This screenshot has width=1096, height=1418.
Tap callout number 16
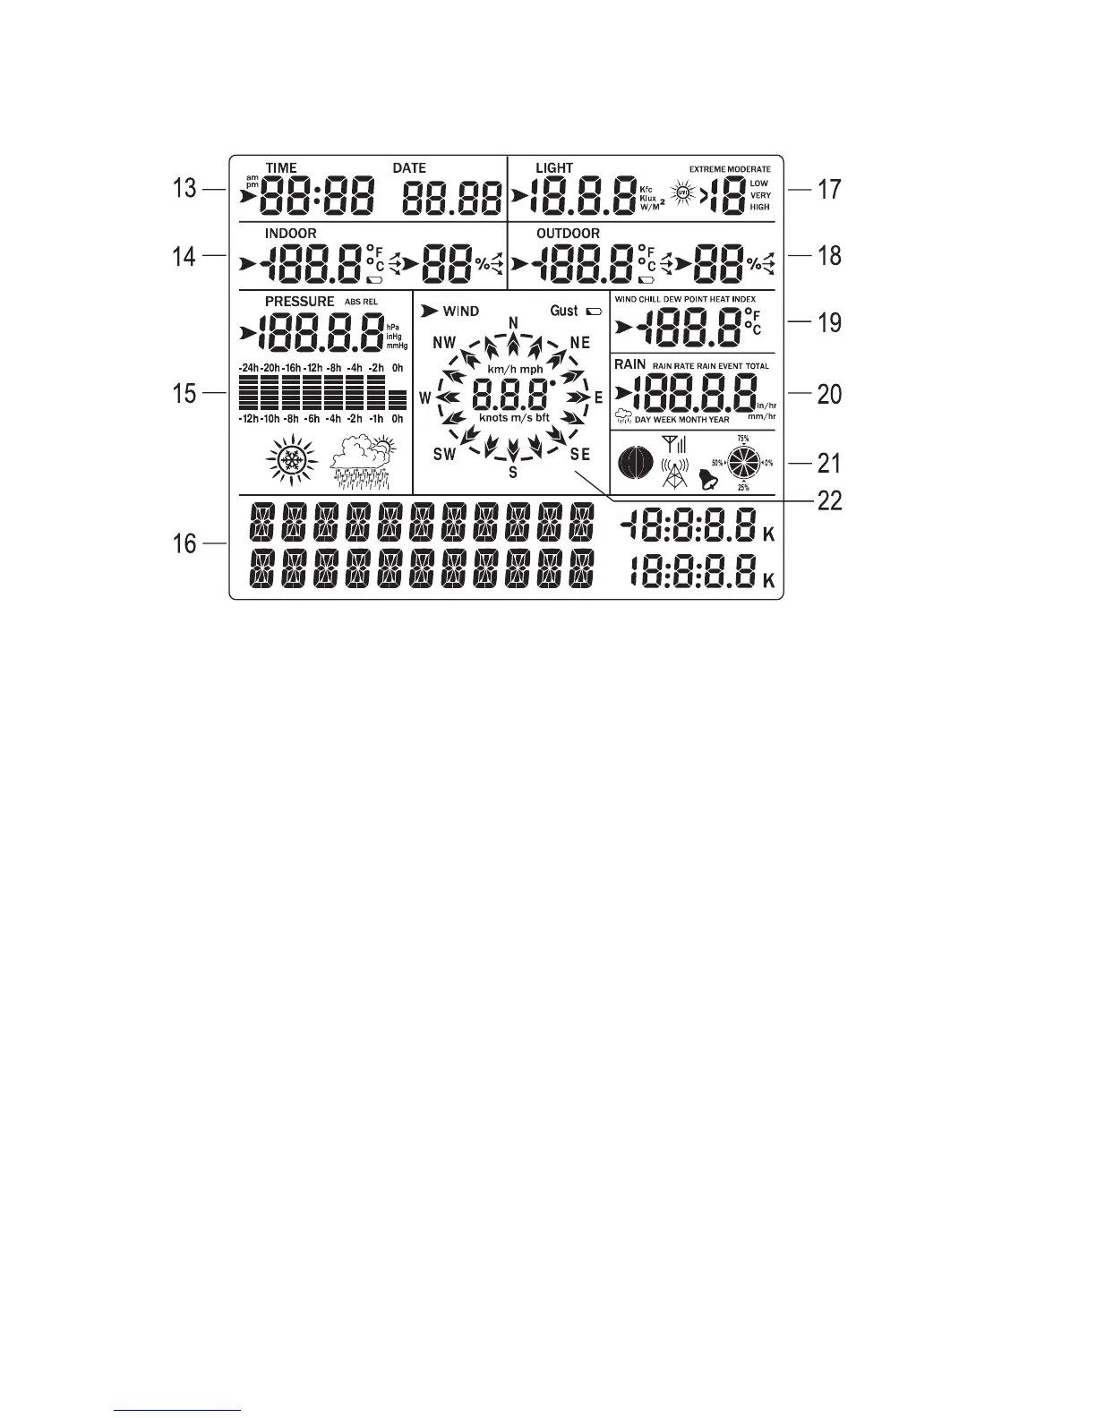(184, 542)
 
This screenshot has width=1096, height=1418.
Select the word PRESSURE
(299, 302)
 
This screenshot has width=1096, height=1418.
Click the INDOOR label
(290, 234)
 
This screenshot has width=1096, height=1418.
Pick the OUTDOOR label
(568, 234)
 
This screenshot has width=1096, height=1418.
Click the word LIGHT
(553, 168)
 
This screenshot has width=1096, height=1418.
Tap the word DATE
(409, 168)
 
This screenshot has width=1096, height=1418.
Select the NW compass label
(444, 343)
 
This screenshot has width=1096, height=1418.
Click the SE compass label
(580, 455)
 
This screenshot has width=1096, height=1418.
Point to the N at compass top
(513, 322)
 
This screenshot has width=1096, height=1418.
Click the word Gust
(564, 311)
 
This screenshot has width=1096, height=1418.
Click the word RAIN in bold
(630, 364)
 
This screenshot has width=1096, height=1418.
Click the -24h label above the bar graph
(248, 368)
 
